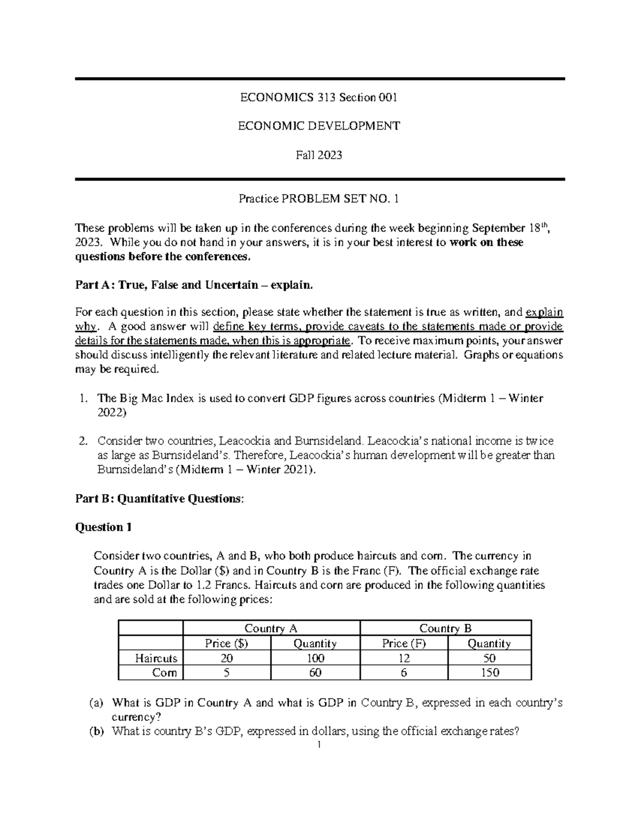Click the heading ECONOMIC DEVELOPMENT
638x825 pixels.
coord(318,126)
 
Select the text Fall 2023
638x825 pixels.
coord(318,155)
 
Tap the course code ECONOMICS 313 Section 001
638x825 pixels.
coord(318,97)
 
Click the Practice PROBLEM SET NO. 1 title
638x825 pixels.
coord(318,199)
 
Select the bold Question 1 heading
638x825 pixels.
coord(104,527)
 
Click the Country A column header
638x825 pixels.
coord(271,628)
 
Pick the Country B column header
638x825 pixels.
coord(446,628)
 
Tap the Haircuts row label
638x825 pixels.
coord(156,658)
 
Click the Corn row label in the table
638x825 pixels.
coord(164,673)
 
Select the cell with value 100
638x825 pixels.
coord(315,658)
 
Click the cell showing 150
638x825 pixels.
coord(489,673)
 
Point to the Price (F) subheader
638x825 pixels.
coord(404,643)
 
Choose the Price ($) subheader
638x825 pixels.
coord(226,643)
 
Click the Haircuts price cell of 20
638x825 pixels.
coord(226,658)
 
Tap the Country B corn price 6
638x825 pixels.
coord(404,673)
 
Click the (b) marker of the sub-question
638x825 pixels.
coord(96,731)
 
